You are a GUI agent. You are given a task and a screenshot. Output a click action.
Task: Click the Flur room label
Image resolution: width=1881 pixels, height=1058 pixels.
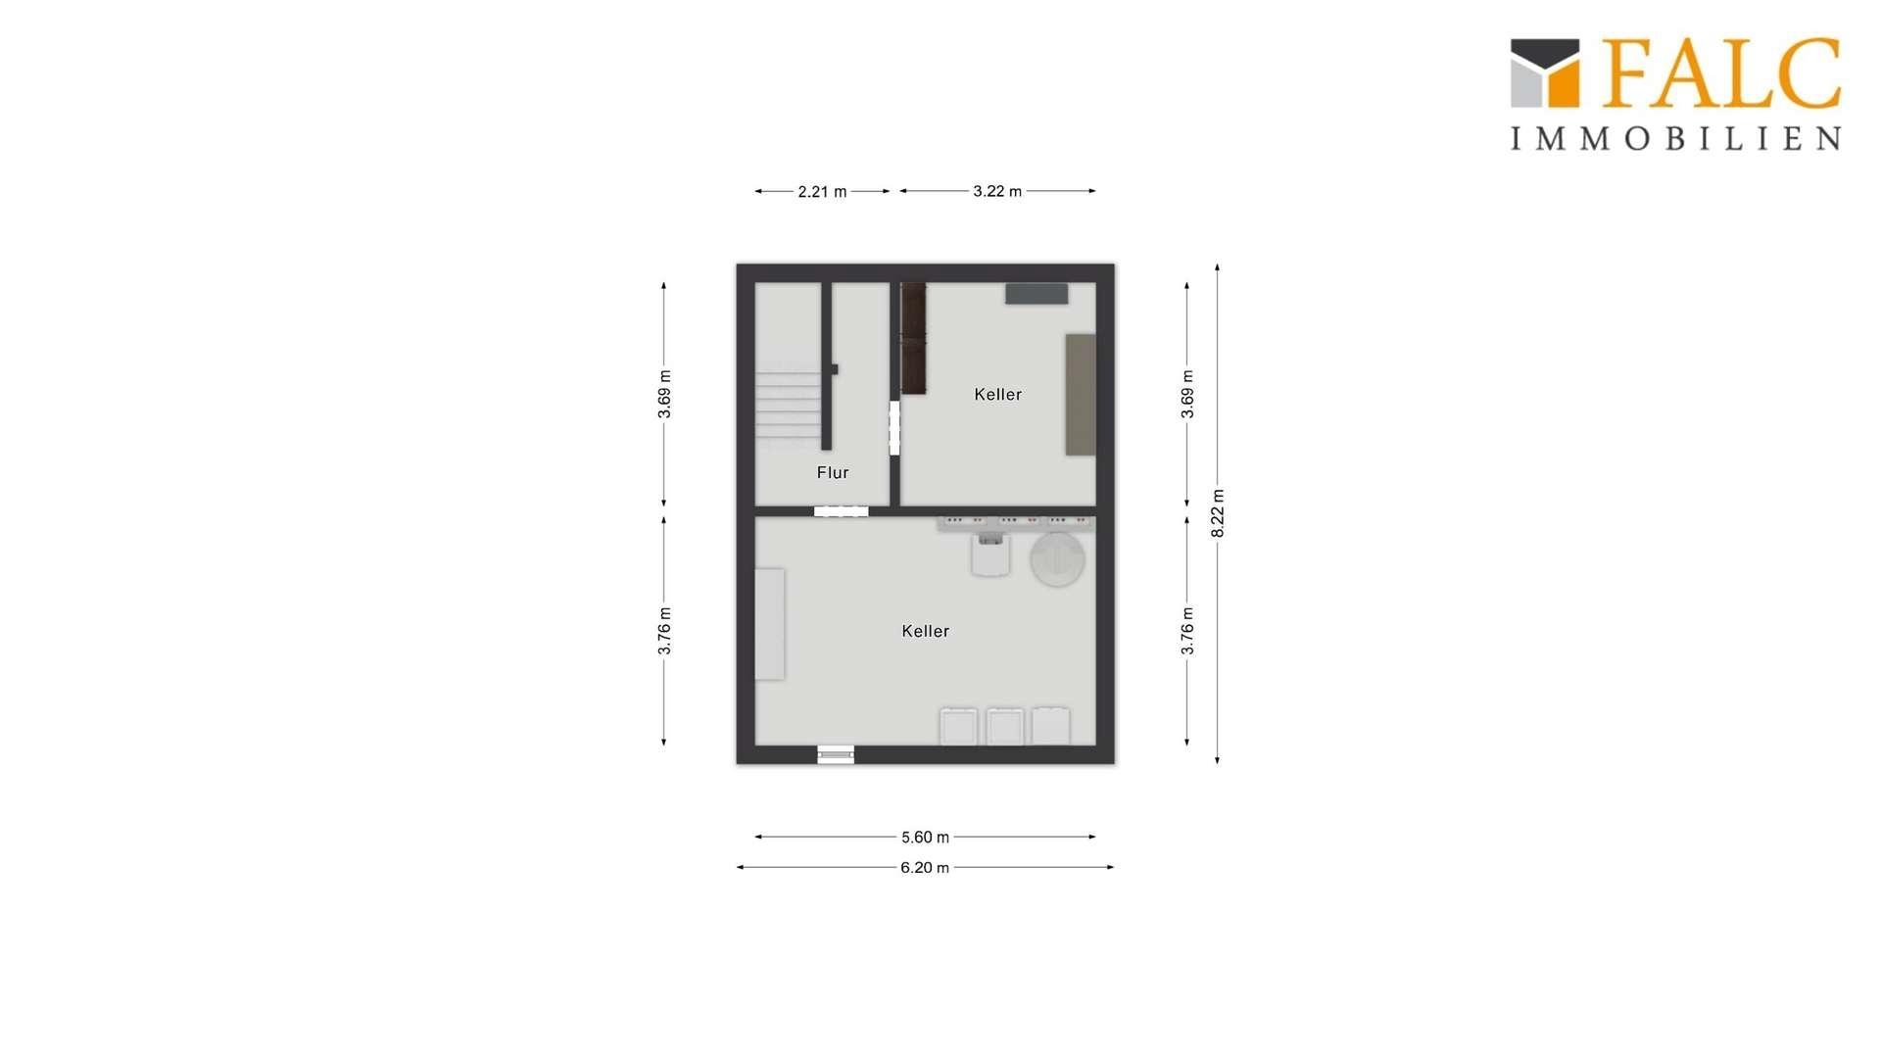point(833,473)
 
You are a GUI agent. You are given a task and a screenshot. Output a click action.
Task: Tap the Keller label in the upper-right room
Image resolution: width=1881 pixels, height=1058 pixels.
point(997,395)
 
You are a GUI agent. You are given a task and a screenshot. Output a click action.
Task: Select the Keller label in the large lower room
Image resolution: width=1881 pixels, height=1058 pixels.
point(925,632)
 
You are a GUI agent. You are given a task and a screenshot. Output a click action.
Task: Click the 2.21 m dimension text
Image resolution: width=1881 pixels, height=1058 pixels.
point(822,192)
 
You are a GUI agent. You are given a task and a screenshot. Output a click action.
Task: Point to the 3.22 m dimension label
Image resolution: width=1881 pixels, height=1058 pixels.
point(997,191)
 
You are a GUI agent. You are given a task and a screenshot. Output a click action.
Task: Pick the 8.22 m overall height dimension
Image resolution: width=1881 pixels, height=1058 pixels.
point(1218,513)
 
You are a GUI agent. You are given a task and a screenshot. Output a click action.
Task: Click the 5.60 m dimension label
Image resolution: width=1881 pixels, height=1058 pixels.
point(925,838)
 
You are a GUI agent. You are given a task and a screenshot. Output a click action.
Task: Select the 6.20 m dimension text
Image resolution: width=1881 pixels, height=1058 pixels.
point(925,868)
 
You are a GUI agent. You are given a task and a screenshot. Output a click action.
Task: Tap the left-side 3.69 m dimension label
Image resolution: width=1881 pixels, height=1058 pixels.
point(664,395)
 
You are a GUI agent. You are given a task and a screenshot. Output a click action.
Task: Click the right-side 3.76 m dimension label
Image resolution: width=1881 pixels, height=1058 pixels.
point(1187,631)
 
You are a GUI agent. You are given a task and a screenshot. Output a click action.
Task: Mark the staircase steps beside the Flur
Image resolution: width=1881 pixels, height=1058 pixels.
point(788,405)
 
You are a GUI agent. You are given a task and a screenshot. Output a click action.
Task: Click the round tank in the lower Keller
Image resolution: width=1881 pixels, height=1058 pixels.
point(1057,559)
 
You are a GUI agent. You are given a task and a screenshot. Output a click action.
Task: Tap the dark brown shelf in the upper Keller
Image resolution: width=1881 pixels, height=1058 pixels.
point(913,338)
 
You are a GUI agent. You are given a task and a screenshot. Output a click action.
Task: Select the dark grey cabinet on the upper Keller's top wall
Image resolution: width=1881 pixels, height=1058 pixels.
point(1037,294)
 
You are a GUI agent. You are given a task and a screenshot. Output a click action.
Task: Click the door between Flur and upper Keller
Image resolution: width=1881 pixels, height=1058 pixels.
point(894,428)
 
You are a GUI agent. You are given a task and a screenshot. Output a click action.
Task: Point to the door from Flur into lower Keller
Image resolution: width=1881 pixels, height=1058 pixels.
point(841,511)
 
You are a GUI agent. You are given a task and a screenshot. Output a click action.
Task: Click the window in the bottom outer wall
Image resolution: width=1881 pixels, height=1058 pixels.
point(836,755)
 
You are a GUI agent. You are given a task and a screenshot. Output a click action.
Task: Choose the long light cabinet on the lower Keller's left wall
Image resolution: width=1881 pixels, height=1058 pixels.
point(770,624)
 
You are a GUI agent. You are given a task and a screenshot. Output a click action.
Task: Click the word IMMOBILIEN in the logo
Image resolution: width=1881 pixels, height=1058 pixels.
point(1675,138)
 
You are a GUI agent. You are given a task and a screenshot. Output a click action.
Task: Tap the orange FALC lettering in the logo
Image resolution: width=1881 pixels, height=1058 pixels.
point(1721,72)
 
